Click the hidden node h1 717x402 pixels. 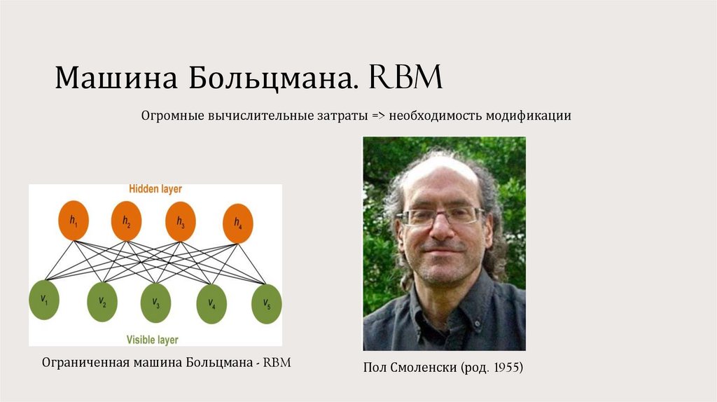pyautogui.click(x=74, y=220)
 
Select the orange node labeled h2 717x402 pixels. pyautogui.click(x=126, y=220)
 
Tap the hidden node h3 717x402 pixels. pyautogui.click(x=181, y=222)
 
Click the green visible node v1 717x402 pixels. pyautogui.click(x=43, y=300)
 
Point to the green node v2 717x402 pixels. pyautogui.click(x=102, y=303)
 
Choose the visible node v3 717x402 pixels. pyautogui.click(x=155, y=303)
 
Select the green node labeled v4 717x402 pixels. pyautogui.click(x=211, y=303)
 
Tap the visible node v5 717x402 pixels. pyautogui.click(x=267, y=303)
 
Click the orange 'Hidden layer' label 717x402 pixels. pyautogui.click(x=155, y=189)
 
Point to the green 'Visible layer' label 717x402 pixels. pyautogui.click(x=152, y=340)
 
